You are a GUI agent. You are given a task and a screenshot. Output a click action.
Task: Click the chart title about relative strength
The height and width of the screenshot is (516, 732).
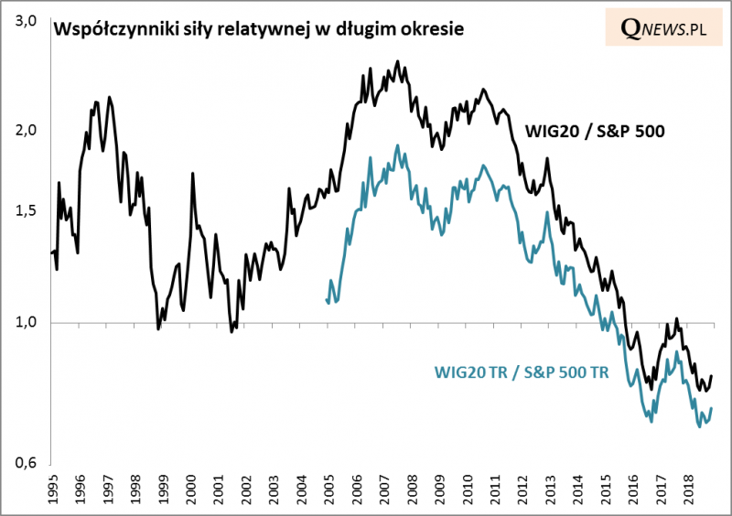tap(259, 29)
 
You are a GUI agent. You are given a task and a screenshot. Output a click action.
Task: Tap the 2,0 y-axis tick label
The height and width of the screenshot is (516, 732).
tap(25, 130)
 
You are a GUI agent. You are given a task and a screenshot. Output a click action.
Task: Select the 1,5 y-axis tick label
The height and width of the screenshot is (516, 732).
tap(25, 210)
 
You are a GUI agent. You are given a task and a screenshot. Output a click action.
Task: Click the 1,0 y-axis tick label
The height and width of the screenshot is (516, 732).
tap(25, 322)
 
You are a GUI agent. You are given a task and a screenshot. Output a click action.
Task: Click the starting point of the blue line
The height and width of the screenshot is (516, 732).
tap(327, 299)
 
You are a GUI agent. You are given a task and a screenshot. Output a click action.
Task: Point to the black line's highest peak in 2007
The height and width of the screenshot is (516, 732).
tap(397, 61)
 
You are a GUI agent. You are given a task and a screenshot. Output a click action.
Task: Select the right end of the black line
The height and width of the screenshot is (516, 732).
tap(712, 375)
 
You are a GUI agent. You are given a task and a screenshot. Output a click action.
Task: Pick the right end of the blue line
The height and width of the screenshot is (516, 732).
tap(712, 408)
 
